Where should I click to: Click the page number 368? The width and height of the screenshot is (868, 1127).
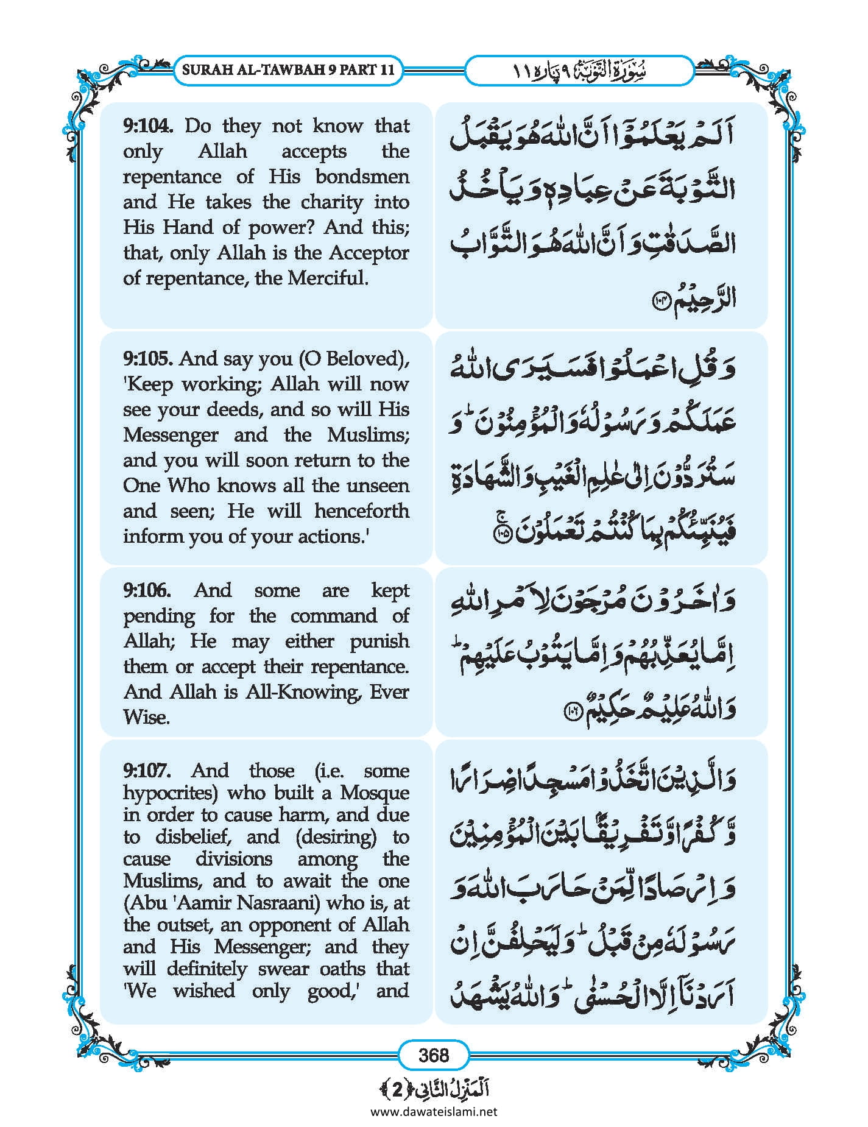pyautogui.click(x=434, y=1055)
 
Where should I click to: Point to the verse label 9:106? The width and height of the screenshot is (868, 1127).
pyautogui.click(x=147, y=590)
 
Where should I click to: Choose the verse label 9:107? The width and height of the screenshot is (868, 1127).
pyautogui.click(x=147, y=771)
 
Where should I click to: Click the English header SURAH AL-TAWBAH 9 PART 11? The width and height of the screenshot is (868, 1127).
pyautogui.click(x=288, y=69)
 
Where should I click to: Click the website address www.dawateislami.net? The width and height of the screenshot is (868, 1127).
pyautogui.click(x=434, y=1111)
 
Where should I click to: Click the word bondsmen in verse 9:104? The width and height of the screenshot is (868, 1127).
pyautogui.click(x=362, y=177)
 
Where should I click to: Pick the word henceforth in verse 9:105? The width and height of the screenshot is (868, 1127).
pyautogui.click(x=362, y=511)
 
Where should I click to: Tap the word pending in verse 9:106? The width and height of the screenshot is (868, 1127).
pyautogui.click(x=159, y=616)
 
